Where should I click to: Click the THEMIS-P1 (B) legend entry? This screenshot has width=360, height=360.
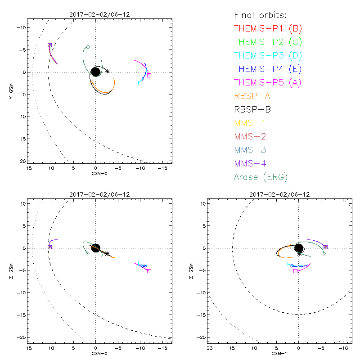coord(268,29)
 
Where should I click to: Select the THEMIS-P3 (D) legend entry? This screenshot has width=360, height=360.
coord(268,56)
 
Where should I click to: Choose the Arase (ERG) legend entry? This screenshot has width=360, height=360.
coord(261,177)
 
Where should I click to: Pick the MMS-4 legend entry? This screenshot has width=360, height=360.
coord(252,163)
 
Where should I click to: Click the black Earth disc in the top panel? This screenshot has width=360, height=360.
coord(95,72)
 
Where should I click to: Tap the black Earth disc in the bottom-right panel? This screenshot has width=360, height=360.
coord(298,248)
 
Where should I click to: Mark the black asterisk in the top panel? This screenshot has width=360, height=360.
coord(107,71)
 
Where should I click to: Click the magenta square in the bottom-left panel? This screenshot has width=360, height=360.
coord(149,271)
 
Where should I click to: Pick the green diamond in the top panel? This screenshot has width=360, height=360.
coord(88,47)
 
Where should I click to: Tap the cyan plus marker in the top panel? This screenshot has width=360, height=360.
coord(139,83)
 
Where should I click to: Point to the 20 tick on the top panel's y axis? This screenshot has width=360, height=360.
coord(22,161)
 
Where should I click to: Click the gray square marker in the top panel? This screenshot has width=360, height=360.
coord(149,75)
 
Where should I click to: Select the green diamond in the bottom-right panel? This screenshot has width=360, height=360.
coord(324,254)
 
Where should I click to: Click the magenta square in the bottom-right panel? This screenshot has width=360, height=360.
coord(295,271)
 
